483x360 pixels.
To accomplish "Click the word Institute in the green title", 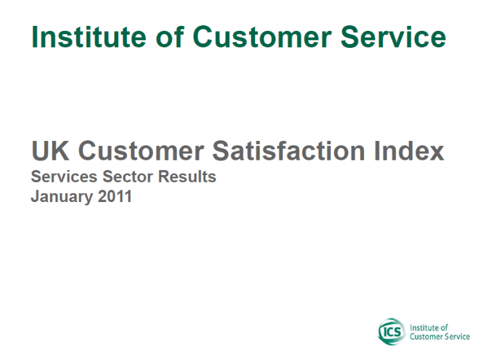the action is [x=89, y=37].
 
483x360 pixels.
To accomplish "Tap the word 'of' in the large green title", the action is [x=170, y=37].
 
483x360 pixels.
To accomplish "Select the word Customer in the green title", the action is [x=262, y=37].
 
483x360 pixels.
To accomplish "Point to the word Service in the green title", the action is [x=393, y=37].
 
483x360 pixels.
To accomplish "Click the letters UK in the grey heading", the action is [x=50, y=150].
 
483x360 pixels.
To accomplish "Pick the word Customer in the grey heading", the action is [x=141, y=150].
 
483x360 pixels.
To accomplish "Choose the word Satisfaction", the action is [x=289, y=150].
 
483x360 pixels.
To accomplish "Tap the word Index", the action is [x=409, y=150].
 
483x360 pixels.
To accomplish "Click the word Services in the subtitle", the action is [x=64, y=177].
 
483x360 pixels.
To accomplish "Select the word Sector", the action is [x=128, y=177].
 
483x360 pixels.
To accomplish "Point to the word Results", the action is [x=187, y=177].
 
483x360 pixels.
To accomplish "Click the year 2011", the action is [x=114, y=196].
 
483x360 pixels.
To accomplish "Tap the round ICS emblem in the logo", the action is [x=392, y=332].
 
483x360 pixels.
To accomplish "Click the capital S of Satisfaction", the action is [x=221, y=150].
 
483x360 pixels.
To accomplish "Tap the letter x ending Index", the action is [x=436, y=153].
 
